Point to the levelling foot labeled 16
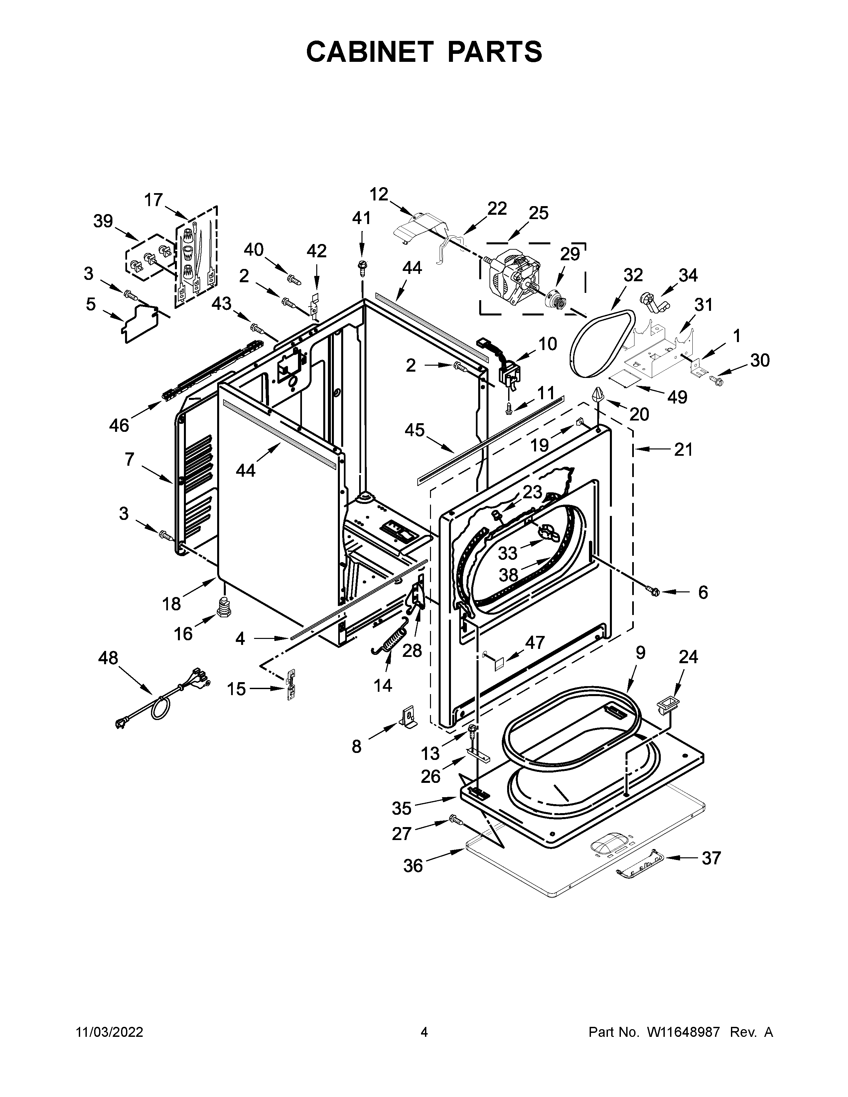click(223, 607)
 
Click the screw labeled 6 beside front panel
click(653, 591)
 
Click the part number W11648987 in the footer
click(683, 1032)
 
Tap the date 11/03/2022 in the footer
click(109, 1032)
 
